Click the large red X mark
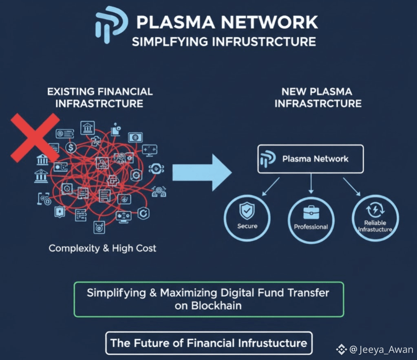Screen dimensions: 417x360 [34, 138]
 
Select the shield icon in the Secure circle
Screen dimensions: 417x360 [247, 211]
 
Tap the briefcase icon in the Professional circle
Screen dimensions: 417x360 [311, 213]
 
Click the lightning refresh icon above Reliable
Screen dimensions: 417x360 [375, 210]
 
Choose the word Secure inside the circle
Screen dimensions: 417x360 [247, 226]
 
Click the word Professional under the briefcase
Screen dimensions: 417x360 [311, 226]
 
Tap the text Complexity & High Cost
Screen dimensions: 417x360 [102, 248]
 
